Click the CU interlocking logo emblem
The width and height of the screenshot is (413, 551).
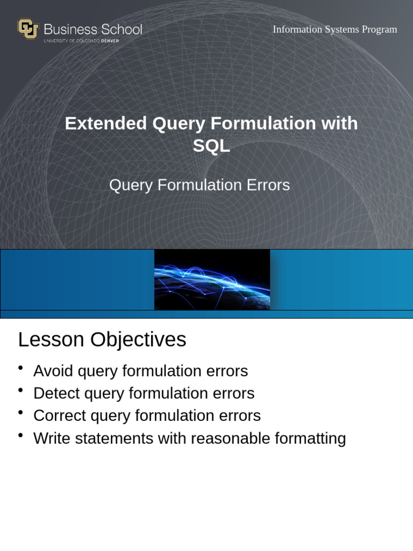click(x=28, y=29)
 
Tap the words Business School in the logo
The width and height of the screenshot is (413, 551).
click(x=92, y=29)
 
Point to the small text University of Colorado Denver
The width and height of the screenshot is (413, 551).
click(x=81, y=41)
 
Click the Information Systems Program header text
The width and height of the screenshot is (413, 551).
click(x=334, y=30)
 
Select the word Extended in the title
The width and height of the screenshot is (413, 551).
click(x=105, y=123)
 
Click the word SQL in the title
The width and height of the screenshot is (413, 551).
click(x=211, y=146)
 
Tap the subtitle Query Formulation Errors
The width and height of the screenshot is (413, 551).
click(x=200, y=185)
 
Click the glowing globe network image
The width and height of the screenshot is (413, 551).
click(x=212, y=280)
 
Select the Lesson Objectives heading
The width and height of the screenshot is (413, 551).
click(x=102, y=340)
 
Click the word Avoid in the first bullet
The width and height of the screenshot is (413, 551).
click(x=53, y=371)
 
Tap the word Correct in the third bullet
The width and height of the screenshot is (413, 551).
click(x=59, y=416)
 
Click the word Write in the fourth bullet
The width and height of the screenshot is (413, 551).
click(x=52, y=439)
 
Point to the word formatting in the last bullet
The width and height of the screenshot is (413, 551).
click(x=310, y=439)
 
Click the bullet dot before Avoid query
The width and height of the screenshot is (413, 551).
click(x=20, y=368)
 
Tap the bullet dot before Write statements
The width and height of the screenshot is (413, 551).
click(x=20, y=435)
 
